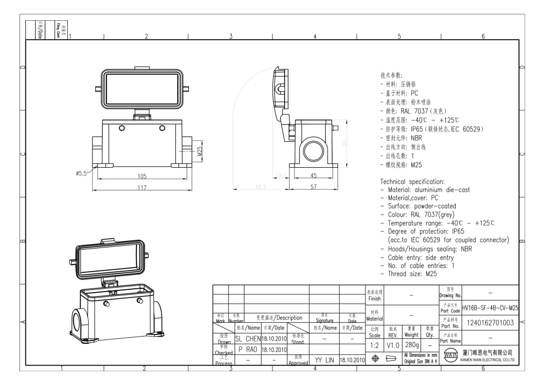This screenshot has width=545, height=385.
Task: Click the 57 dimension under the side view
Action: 313,187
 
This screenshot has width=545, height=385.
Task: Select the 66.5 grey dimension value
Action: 261,187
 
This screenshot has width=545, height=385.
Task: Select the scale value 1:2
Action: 374,344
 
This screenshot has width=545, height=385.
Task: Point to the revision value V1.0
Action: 392,344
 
